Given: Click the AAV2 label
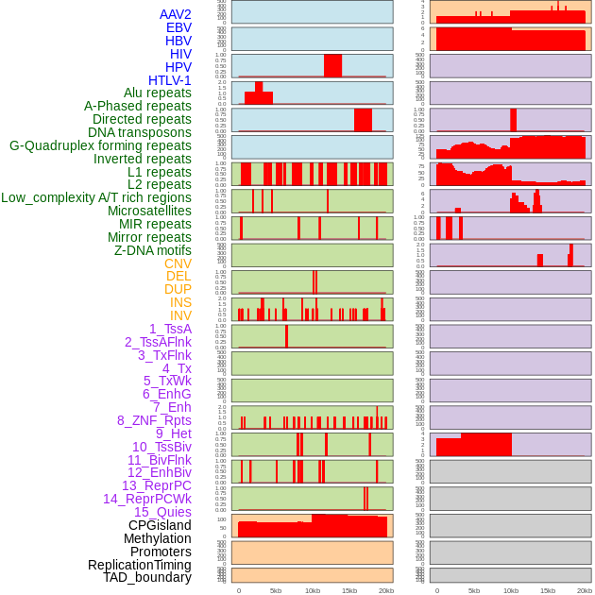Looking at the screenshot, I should [x=175, y=14].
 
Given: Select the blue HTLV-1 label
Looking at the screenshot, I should [x=169, y=80].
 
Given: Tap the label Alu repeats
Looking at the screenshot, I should [x=157, y=93].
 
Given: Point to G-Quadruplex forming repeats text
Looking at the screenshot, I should [x=100, y=146].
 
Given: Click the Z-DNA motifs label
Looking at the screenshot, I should [x=152, y=250].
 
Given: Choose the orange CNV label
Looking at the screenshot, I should [x=178, y=263].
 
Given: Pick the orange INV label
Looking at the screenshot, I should [x=180, y=315].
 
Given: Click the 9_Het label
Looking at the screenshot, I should [x=173, y=433].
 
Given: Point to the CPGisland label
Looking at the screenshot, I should [x=160, y=525].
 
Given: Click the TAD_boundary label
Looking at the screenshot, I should [x=147, y=577].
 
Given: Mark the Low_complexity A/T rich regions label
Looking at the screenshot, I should [x=96, y=197].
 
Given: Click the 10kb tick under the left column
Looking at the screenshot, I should [x=312, y=590].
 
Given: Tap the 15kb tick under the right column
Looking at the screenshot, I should [x=547, y=590].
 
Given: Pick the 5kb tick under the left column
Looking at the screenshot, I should [x=276, y=590].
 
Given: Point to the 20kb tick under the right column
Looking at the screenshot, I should [x=584, y=590].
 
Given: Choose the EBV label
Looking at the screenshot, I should [x=178, y=27].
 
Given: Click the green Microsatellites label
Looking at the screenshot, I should [x=149, y=211].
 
